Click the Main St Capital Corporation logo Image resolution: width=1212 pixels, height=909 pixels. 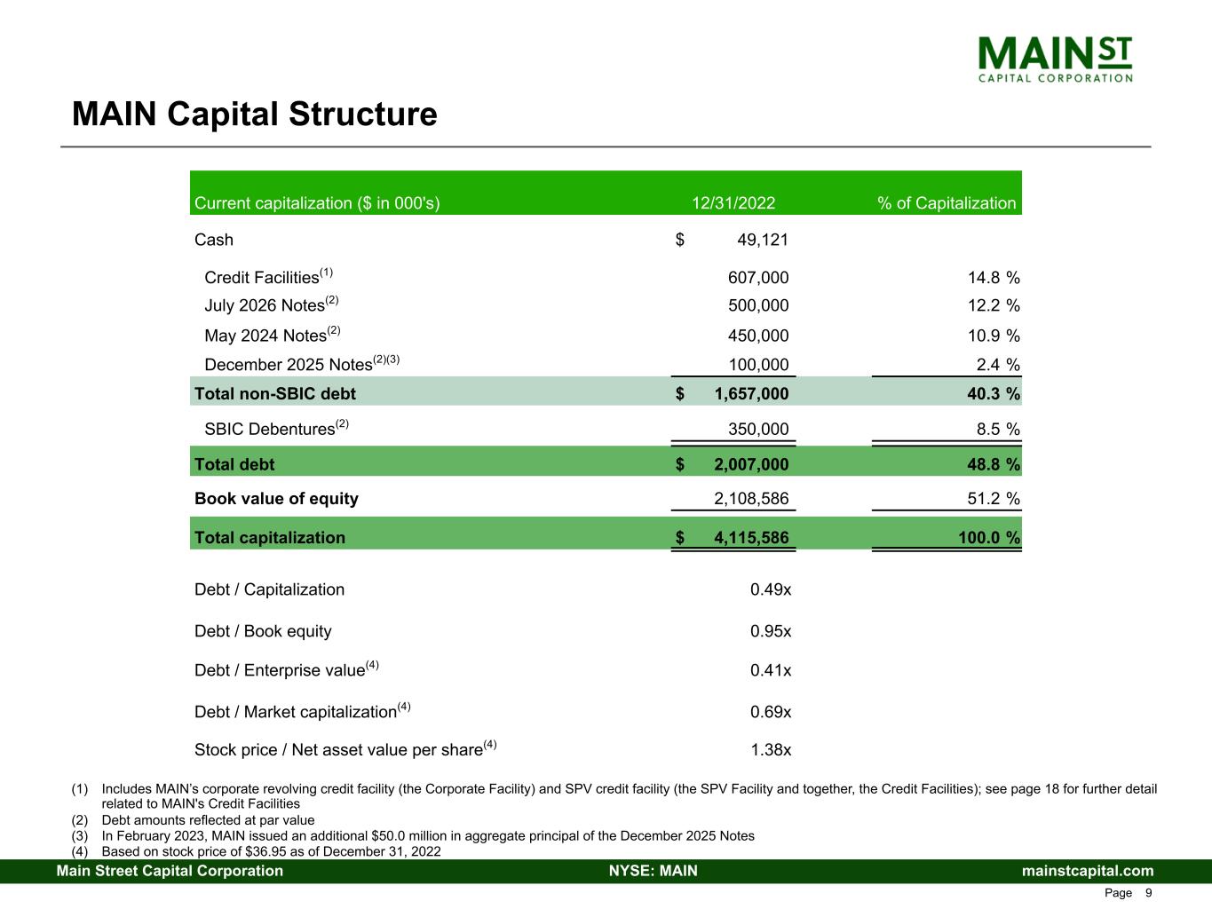coord(1055,59)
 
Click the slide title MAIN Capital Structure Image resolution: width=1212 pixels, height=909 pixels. coord(255,115)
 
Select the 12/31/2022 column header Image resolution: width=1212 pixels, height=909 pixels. coord(733,203)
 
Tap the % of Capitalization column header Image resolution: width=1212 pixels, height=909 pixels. coord(947,203)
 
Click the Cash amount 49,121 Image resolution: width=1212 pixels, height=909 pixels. coord(763,240)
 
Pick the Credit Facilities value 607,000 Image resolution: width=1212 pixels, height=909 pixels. coord(757,278)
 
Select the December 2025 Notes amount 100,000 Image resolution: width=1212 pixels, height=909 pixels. coord(757,365)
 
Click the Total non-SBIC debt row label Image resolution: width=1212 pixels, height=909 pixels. coord(275,393)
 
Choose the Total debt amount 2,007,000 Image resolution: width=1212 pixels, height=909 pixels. coord(750,464)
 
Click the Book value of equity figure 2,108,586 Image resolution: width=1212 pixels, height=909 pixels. coord(751,499)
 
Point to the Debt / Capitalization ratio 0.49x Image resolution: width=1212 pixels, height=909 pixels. coord(771,589)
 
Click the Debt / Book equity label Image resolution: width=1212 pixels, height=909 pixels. coord(263,631)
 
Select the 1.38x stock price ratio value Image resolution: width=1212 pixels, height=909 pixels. coord(771,750)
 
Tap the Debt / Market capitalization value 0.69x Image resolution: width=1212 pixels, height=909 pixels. coord(771,712)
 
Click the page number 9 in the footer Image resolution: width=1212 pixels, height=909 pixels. coord(1149,893)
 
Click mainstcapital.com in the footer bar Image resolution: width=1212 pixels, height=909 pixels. coord(1088,871)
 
